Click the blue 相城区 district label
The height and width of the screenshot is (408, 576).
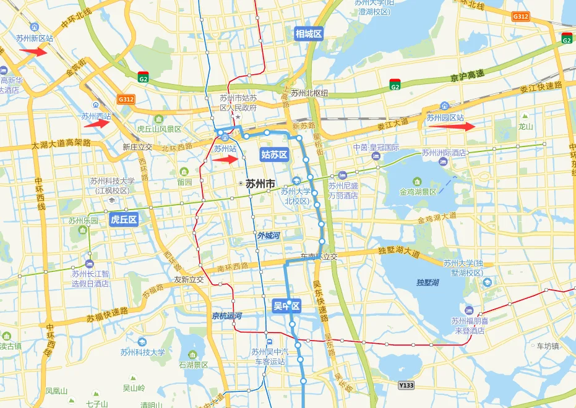(309, 34)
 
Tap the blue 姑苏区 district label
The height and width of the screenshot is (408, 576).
(274, 155)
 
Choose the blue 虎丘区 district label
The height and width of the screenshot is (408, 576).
(123, 219)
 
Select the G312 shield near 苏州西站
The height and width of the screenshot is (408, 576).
(126, 99)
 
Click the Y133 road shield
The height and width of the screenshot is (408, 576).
(406, 385)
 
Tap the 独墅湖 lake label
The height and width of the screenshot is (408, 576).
(428, 283)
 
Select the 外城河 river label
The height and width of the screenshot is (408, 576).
(269, 236)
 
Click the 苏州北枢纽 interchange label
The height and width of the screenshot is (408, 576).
(309, 93)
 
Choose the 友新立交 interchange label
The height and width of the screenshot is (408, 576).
(189, 279)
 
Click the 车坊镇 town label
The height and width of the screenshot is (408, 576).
(548, 346)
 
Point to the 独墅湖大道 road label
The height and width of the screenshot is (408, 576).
(398, 253)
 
